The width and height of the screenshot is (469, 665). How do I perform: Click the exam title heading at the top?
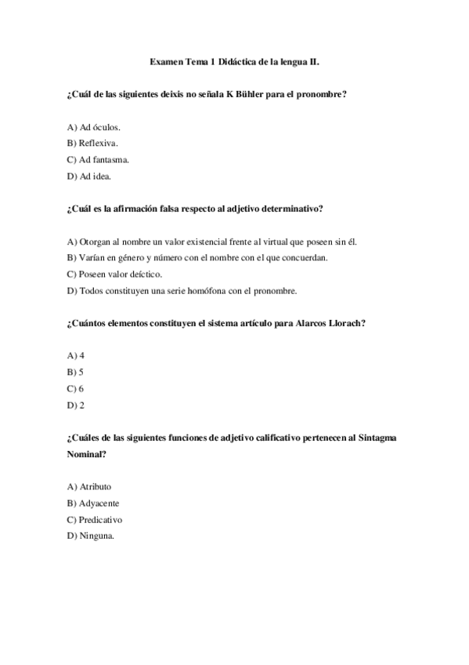pyautogui.click(x=234, y=60)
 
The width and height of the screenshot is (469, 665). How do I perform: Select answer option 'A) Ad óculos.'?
pyautogui.click(x=94, y=126)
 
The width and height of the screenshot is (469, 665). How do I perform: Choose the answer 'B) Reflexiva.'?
pyautogui.click(x=92, y=143)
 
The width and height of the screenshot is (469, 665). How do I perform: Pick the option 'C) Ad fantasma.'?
pyautogui.click(x=98, y=159)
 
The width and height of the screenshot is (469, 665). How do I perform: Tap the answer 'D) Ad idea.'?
pyautogui.click(x=89, y=176)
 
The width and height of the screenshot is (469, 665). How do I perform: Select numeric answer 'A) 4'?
pyautogui.click(x=76, y=355)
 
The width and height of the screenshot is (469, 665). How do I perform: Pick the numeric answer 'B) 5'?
pyautogui.click(x=76, y=372)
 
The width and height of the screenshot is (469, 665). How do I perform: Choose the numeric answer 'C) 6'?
pyautogui.click(x=76, y=388)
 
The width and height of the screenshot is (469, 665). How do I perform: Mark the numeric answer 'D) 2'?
pyautogui.click(x=76, y=405)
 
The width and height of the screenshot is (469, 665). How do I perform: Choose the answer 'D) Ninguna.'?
pyautogui.click(x=91, y=536)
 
